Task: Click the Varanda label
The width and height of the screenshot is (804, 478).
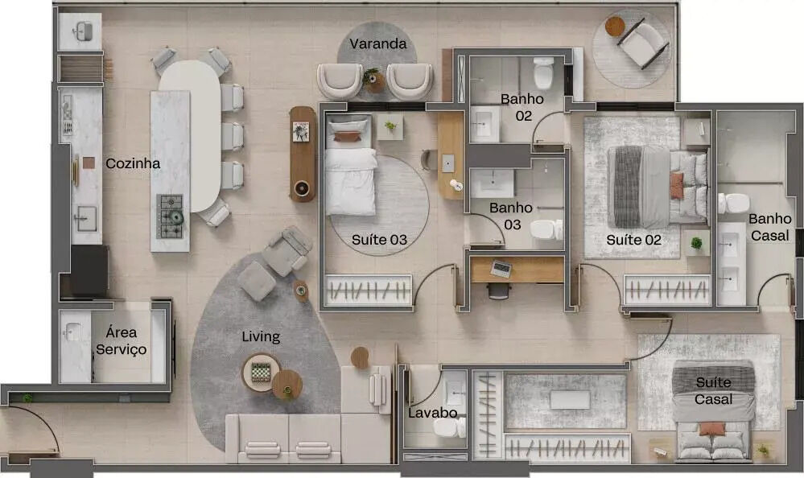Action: tap(378, 44)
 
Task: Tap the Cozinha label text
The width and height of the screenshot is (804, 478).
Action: tap(133, 163)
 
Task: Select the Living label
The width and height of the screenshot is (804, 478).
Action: tap(261, 337)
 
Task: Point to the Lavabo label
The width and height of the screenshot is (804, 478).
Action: tap(433, 413)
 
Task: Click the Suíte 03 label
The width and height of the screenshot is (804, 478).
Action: tap(379, 240)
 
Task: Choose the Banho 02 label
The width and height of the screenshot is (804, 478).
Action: tap(522, 107)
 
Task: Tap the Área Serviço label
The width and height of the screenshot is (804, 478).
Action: tap(121, 341)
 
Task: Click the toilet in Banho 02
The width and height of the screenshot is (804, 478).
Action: tap(543, 72)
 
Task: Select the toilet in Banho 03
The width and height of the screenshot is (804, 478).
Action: tap(546, 229)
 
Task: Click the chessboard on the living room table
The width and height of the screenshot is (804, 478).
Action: tap(261, 372)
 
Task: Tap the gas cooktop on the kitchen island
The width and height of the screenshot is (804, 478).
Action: tap(170, 216)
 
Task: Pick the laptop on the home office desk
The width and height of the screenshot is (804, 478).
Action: tap(501, 269)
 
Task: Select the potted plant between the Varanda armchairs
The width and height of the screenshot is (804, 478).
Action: tap(373, 80)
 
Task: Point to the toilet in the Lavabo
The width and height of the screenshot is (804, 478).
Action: tap(449, 426)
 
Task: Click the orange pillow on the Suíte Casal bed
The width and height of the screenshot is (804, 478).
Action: tap(713, 429)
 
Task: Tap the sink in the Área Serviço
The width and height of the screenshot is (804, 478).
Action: tap(72, 332)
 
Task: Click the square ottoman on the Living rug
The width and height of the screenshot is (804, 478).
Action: tap(257, 281)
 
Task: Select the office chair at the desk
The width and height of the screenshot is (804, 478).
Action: tap(498, 291)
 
